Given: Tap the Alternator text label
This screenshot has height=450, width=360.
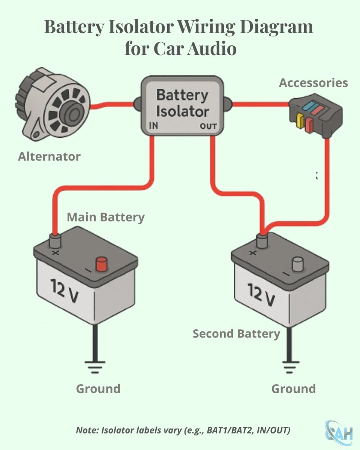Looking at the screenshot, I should (49, 156).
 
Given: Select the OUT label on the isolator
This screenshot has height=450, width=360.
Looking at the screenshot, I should (208, 126).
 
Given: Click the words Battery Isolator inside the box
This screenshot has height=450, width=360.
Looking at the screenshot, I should (182, 103).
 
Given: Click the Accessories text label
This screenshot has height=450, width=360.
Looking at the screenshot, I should (313, 83).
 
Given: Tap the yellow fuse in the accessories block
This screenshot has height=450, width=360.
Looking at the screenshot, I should (300, 120).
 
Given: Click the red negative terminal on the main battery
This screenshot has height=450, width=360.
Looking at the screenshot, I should (102, 264).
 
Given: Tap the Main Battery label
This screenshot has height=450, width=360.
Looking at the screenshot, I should (105, 217).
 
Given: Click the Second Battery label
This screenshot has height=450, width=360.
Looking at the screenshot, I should (236, 334).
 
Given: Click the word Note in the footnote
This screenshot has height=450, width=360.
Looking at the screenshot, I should (87, 430).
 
